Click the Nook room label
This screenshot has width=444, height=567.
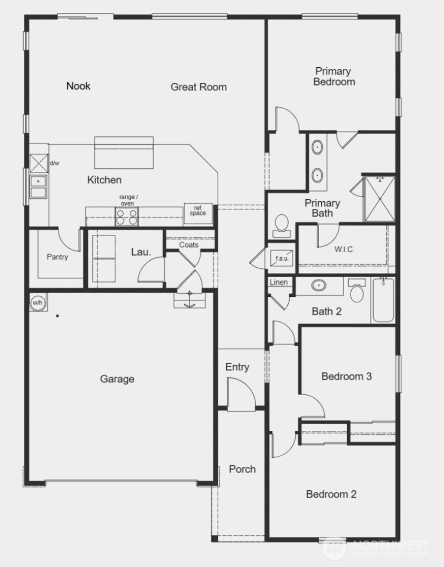pos(78,86)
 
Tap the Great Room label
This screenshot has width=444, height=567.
pos(199,87)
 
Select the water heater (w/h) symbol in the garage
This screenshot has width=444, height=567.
pos(37,302)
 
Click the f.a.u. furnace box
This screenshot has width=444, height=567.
pos(282,258)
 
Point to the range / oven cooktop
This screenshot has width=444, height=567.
pos(127,216)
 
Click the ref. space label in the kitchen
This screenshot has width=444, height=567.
pos(198,211)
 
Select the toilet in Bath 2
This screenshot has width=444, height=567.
pos(357,292)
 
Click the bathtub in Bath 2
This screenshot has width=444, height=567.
pos(383,301)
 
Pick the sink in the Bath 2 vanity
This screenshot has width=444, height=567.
pos(320,285)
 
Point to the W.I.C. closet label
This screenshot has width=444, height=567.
pos(344,249)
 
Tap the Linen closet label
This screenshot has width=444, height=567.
pos(278,282)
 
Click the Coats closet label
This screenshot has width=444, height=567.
pos(189,245)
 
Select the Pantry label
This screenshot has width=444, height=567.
pos(57,257)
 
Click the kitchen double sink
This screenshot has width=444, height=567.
pos(39,187)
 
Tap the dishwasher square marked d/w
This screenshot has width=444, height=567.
pos(39,164)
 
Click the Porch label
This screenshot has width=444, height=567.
pos(242,469)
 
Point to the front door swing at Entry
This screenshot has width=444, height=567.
pos(240,393)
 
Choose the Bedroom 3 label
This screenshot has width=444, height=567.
pos(346,376)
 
